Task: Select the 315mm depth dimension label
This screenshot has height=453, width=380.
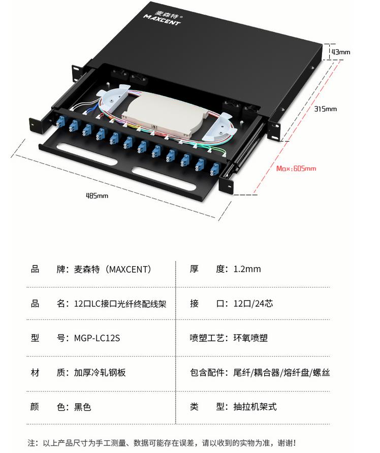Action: [325, 109]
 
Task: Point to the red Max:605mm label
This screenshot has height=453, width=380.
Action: [296, 169]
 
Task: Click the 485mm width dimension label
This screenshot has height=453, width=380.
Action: [97, 196]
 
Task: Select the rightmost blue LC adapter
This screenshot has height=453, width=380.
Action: [214, 168]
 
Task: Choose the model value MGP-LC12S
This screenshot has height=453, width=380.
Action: [97, 338]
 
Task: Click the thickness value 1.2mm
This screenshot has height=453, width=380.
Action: [247, 269]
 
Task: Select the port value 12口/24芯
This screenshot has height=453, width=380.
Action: [253, 303]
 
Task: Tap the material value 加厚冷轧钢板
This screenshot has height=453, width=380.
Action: [100, 372]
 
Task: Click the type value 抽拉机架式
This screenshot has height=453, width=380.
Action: [255, 407]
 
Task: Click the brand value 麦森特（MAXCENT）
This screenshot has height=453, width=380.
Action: [112, 269]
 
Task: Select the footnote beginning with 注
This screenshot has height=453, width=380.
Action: [162, 443]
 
